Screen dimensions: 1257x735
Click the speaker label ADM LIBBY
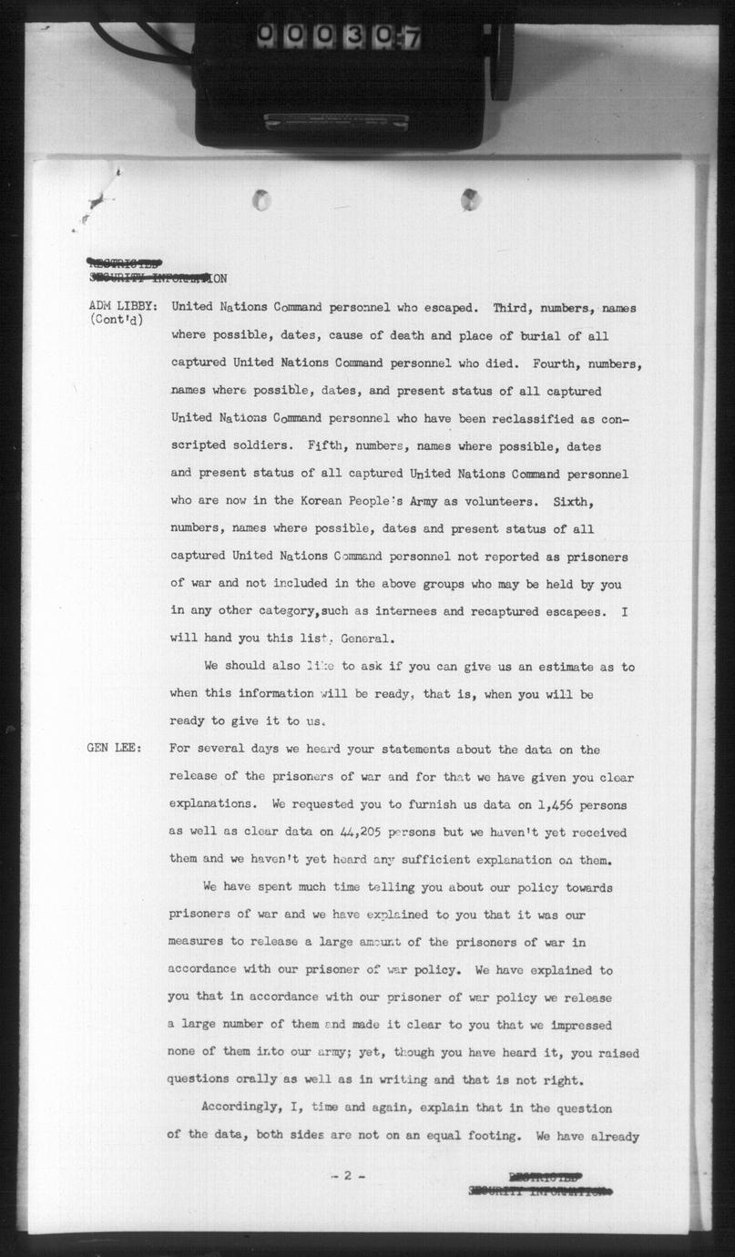tap(122, 308)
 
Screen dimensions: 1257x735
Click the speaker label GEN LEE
tap(114, 749)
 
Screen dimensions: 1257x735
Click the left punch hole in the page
tap(262, 199)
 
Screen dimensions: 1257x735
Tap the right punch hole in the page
tap(470, 199)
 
